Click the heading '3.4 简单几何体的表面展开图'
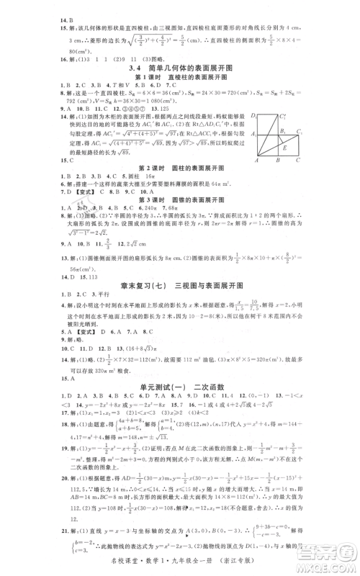coord(179,66)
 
